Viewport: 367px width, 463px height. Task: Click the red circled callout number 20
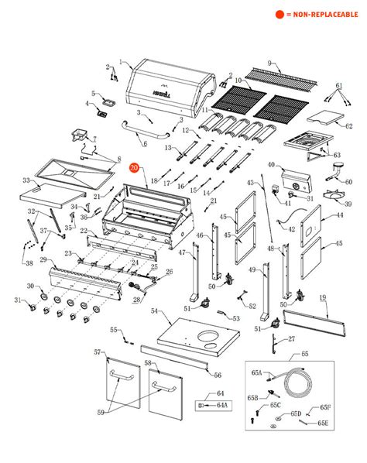(135, 168)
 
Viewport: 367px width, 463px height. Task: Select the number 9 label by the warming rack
(270, 62)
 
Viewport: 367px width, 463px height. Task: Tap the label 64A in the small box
(221, 404)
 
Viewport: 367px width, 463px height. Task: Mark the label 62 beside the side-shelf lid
(348, 125)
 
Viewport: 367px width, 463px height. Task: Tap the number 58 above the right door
(148, 362)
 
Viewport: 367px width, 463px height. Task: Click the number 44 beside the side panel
(338, 218)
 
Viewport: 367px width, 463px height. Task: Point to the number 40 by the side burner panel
(271, 164)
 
